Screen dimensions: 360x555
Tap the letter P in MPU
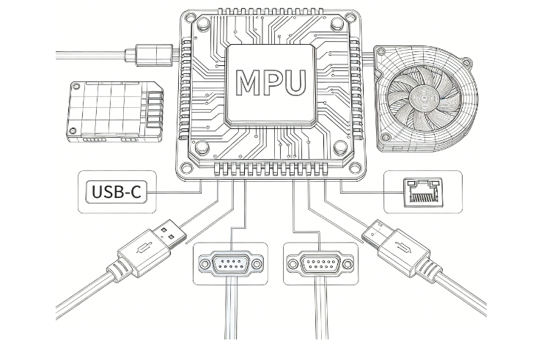pos(272,82)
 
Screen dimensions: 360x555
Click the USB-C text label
pos(116,193)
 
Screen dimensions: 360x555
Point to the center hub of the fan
pos(425,97)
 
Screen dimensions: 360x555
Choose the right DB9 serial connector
pos(321,263)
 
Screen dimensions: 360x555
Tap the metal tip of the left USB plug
pos(171,231)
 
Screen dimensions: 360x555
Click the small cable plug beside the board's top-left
pos(150,53)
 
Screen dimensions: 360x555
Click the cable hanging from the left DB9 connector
pos(230,315)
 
